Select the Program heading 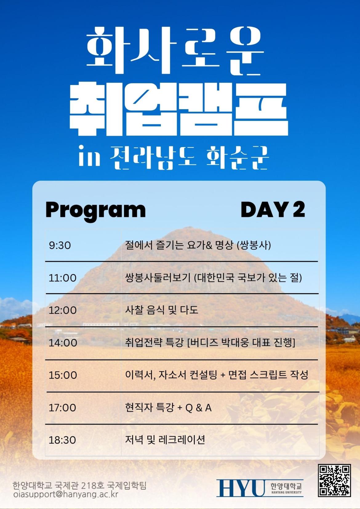click(x=96, y=210)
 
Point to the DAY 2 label click(x=273, y=210)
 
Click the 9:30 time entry click(x=60, y=245)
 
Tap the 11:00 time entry click(x=63, y=278)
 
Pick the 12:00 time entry click(x=63, y=311)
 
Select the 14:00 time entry click(x=63, y=343)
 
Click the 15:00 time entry click(x=63, y=375)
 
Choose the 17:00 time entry click(x=62, y=408)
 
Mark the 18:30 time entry click(x=62, y=440)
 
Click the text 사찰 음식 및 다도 click(x=162, y=310)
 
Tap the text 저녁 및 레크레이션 click(x=165, y=440)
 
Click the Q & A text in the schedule click(x=198, y=408)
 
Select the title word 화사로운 click(x=175, y=51)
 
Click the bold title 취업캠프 click(x=179, y=109)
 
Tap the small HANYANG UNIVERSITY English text click(x=286, y=492)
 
